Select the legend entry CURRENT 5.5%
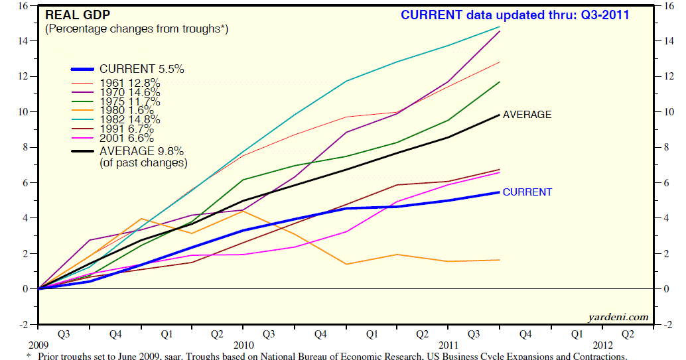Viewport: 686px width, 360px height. point(141,69)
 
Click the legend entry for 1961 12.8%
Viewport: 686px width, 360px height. point(129,83)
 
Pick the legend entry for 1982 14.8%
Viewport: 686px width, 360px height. point(129,120)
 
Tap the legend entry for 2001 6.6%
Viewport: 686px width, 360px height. point(127,139)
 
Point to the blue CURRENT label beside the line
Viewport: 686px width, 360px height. point(527,192)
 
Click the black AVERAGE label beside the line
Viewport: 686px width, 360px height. point(527,115)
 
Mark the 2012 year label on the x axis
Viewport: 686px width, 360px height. point(603,345)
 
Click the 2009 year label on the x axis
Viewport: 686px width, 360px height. point(38,345)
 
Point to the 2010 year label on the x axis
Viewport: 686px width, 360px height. point(243,345)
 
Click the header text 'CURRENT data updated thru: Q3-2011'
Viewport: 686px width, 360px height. point(514,15)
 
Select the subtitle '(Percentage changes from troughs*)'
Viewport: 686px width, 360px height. point(136,29)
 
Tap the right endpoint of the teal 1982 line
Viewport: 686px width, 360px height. point(500,27)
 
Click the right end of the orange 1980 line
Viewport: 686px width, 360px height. point(500,260)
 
